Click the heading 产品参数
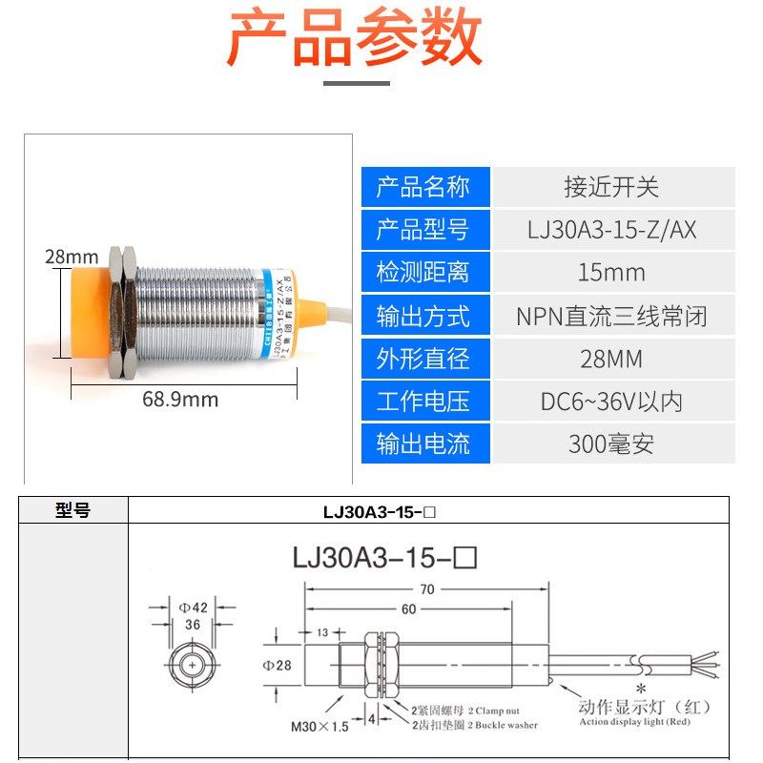[x=355, y=40]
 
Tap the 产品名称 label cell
[x=424, y=187]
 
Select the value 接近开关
[x=611, y=187]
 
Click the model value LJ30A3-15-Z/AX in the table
[x=611, y=230]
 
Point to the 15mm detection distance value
[x=611, y=273]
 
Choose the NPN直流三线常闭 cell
[x=611, y=316]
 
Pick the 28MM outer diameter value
[x=611, y=359]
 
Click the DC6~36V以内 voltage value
[x=611, y=402]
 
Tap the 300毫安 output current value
[x=611, y=444]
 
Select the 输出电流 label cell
[x=424, y=444]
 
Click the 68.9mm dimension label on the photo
[x=180, y=399]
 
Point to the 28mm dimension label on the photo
[x=72, y=257]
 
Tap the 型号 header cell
[x=73, y=511]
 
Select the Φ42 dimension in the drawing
[x=194, y=607]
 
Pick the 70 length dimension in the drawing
[x=426, y=589]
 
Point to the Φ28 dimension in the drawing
[x=278, y=665]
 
